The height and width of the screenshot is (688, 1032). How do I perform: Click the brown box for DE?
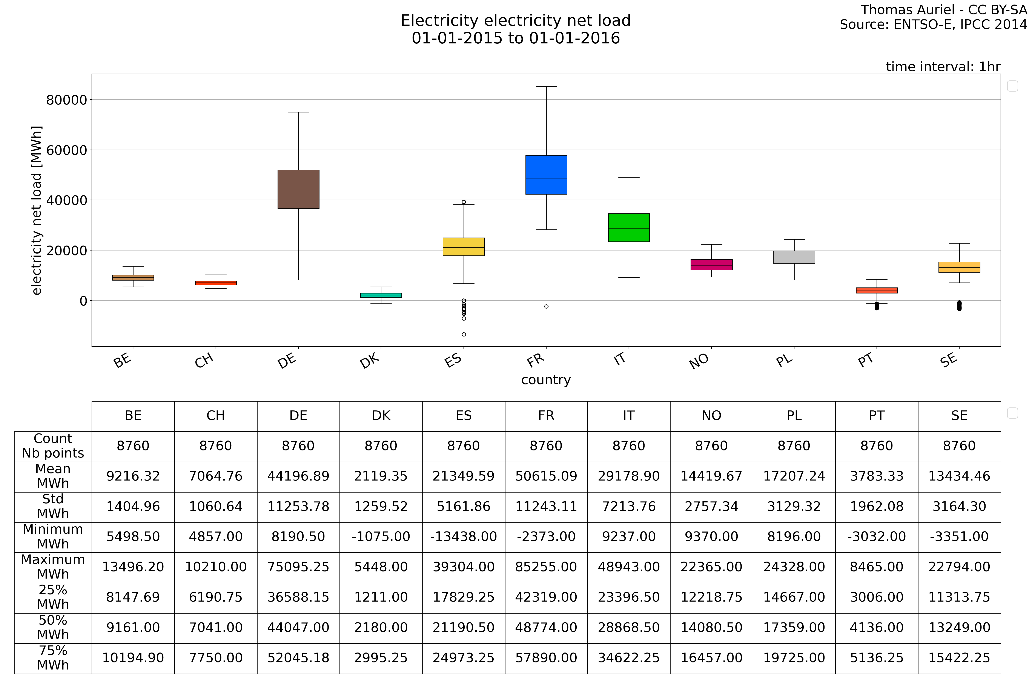point(298,189)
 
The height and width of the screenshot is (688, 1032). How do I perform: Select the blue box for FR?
point(546,175)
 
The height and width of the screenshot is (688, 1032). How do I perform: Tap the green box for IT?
point(629,228)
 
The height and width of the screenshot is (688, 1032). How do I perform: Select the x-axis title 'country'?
point(546,380)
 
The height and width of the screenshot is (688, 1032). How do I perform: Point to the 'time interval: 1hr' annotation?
point(943,67)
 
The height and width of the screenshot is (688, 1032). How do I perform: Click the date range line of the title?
point(516,39)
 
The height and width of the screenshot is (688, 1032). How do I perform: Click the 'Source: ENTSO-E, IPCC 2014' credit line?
point(933,25)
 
